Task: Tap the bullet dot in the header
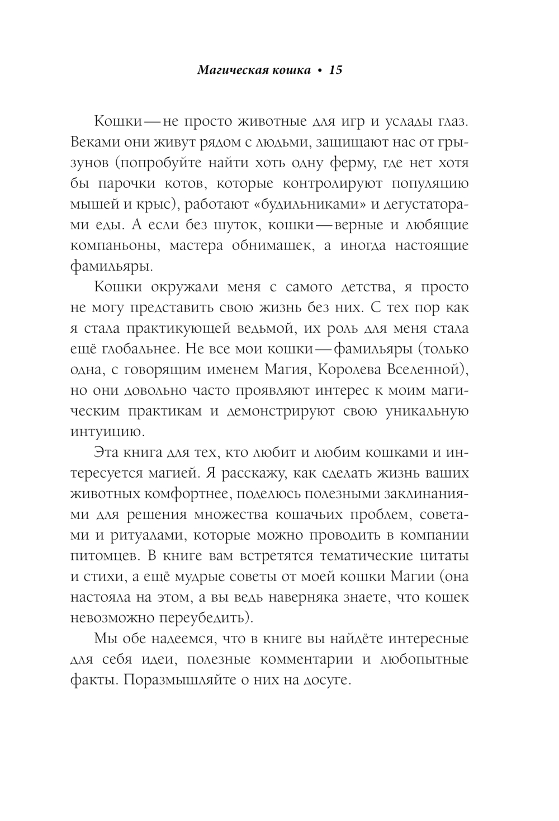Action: click(320, 71)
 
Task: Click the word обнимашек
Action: click(268, 246)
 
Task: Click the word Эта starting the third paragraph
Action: click(107, 452)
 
